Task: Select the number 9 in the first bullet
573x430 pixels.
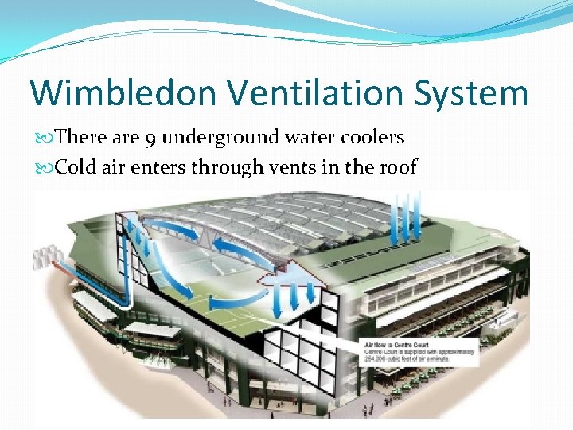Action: (150, 138)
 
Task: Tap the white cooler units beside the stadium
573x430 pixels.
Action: (45, 257)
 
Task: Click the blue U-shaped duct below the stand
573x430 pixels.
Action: (127, 287)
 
